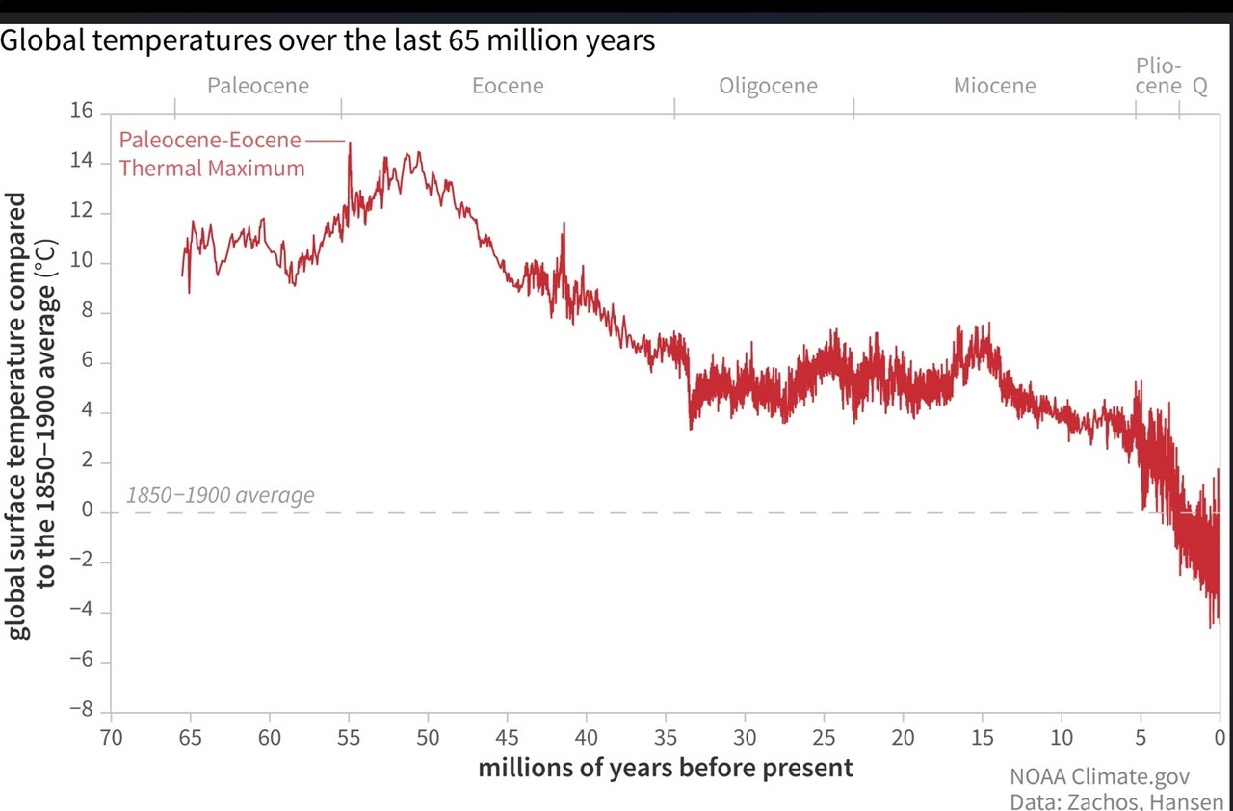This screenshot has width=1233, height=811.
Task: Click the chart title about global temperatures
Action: point(328,42)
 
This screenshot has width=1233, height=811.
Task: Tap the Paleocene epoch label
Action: point(258,86)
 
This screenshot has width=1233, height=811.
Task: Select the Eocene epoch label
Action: point(508,86)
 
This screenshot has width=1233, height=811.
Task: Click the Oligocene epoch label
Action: point(768,86)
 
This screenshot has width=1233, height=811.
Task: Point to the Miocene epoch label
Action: point(995,86)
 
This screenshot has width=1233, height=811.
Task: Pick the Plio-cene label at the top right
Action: point(1158,76)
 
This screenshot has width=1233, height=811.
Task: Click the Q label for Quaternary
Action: point(1200,86)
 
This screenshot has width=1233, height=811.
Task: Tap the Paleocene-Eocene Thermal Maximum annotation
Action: point(212,154)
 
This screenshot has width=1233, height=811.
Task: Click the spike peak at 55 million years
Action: point(350,144)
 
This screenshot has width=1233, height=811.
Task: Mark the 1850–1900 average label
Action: point(220,496)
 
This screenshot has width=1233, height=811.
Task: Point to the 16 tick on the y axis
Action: point(82,112)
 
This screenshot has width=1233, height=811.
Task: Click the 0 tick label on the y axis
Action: point(87,511)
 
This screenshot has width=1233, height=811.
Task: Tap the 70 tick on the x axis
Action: point(111,738)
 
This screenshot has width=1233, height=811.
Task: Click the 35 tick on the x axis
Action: point(666,738)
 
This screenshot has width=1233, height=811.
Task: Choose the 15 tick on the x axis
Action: point(982,738)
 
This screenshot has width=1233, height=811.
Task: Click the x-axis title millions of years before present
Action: point(666,768)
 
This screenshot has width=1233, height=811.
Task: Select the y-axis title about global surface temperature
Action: point(33,414)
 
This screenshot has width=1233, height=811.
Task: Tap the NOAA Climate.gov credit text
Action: point(1100,776)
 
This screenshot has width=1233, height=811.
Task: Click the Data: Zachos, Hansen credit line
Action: point(1115,801)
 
